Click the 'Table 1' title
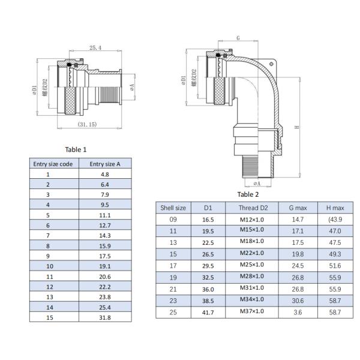click(x=76, y=149)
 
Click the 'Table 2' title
click(x=248, y=194)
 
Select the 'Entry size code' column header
click(x=53, y=163)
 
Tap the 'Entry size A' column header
click(x=105, y=163)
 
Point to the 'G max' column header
click(x=298, y=208)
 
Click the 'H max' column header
click(x=334, y=208)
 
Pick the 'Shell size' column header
click(x=173, y=208)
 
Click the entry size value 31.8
click(x=105, y=317)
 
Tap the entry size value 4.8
click(x=105, y=174)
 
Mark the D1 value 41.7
click(x=208, y=312)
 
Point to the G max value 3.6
click(x=298, y=312)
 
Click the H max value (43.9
click(x=334, y=219)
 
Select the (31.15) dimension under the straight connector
click(x=88, y=124)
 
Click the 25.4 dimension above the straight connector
click(x=95, y=47)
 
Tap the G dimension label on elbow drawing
click(x=238, y=38)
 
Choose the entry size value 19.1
click(x=105, y=266)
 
